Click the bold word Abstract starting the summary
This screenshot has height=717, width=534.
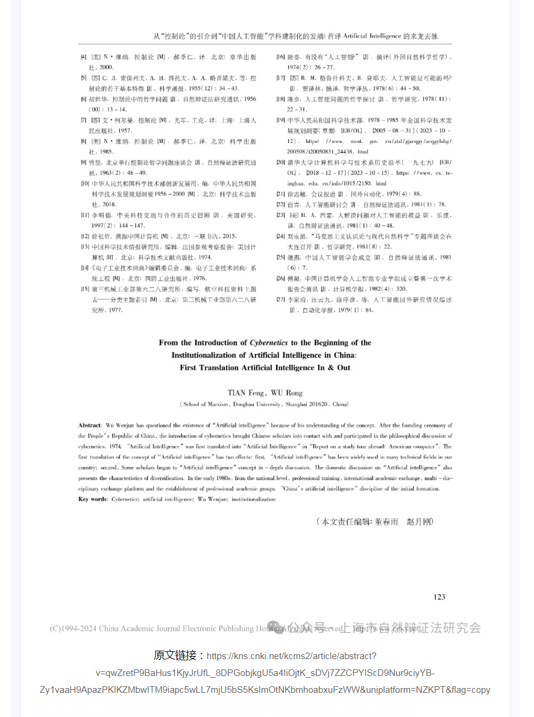point(90,426)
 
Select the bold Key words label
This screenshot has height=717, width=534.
point(93,499)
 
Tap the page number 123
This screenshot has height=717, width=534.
point(439,597)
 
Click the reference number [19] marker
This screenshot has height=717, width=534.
point(280,120)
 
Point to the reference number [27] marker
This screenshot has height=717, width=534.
point(280,300)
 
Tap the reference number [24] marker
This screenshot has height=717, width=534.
point(280,236)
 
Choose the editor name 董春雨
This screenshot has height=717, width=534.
point(386,522)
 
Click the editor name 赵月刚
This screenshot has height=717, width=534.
point(420,522)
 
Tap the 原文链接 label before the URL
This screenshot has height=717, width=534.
point(178,655)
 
